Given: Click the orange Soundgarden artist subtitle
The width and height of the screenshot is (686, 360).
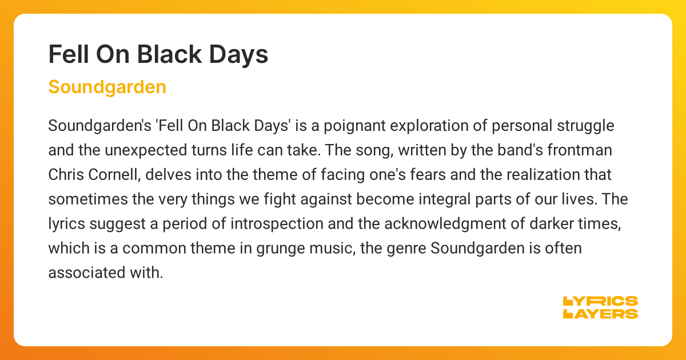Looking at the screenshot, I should point(107,87).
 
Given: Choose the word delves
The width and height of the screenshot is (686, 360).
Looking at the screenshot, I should point(155,174).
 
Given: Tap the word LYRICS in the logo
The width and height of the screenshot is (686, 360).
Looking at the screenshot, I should point(600,301).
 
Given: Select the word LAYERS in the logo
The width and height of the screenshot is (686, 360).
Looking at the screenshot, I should point(600,314).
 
